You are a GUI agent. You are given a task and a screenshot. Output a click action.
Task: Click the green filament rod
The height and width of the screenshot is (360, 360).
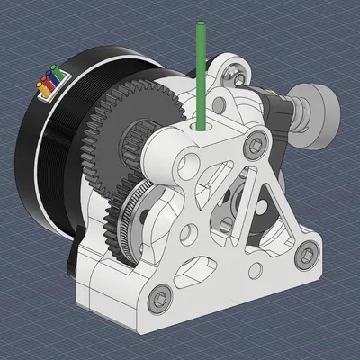pyautogui.click(x=201, y=72)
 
